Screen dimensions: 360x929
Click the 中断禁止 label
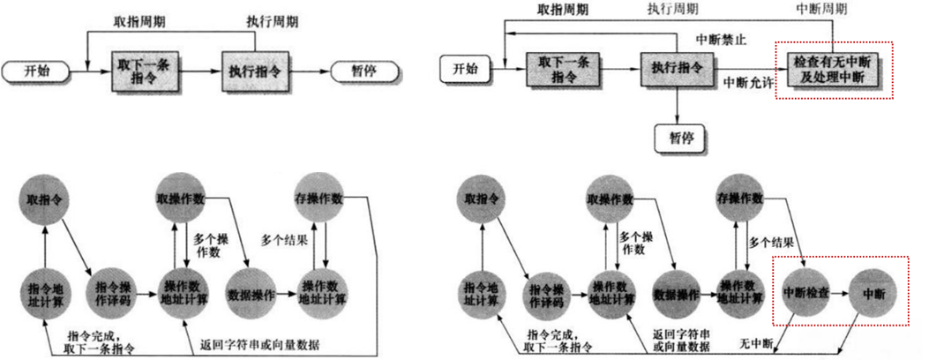point(720,39)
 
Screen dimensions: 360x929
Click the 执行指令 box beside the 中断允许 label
point(677,68)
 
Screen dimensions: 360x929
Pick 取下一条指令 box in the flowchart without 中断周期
point(146,70)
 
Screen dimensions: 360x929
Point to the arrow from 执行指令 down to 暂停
point(677,105)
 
